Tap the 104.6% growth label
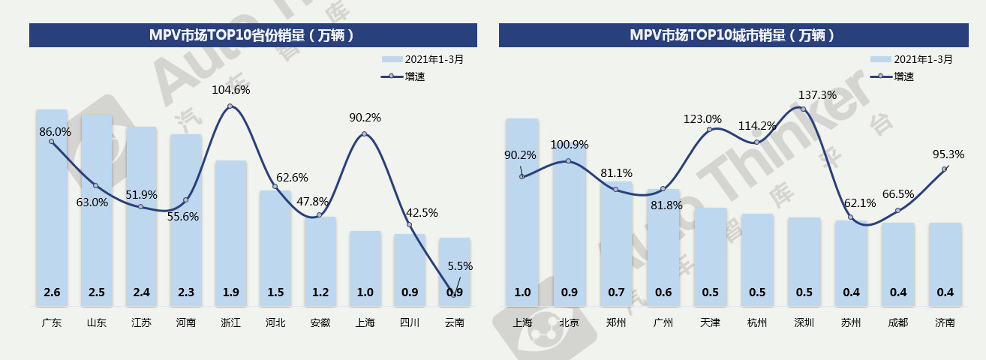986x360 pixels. click(x=231, y=90)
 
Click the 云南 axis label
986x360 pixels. click(x=454, y=323)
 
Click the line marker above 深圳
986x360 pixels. click(x=804, y=109)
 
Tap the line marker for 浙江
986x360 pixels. click(x=230, y=106)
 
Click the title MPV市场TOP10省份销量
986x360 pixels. click(x=252, y=35)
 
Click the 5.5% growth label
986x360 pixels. click(x=459, y=266)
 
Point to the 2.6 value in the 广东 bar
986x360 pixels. click(x=52, y=292)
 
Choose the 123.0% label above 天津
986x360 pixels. click(x=702, y=118)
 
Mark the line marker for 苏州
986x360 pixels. click(x=851, y=217)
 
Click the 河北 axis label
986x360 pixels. click(x=275, y=323)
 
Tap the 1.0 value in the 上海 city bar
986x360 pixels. click(x=522, y=292)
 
